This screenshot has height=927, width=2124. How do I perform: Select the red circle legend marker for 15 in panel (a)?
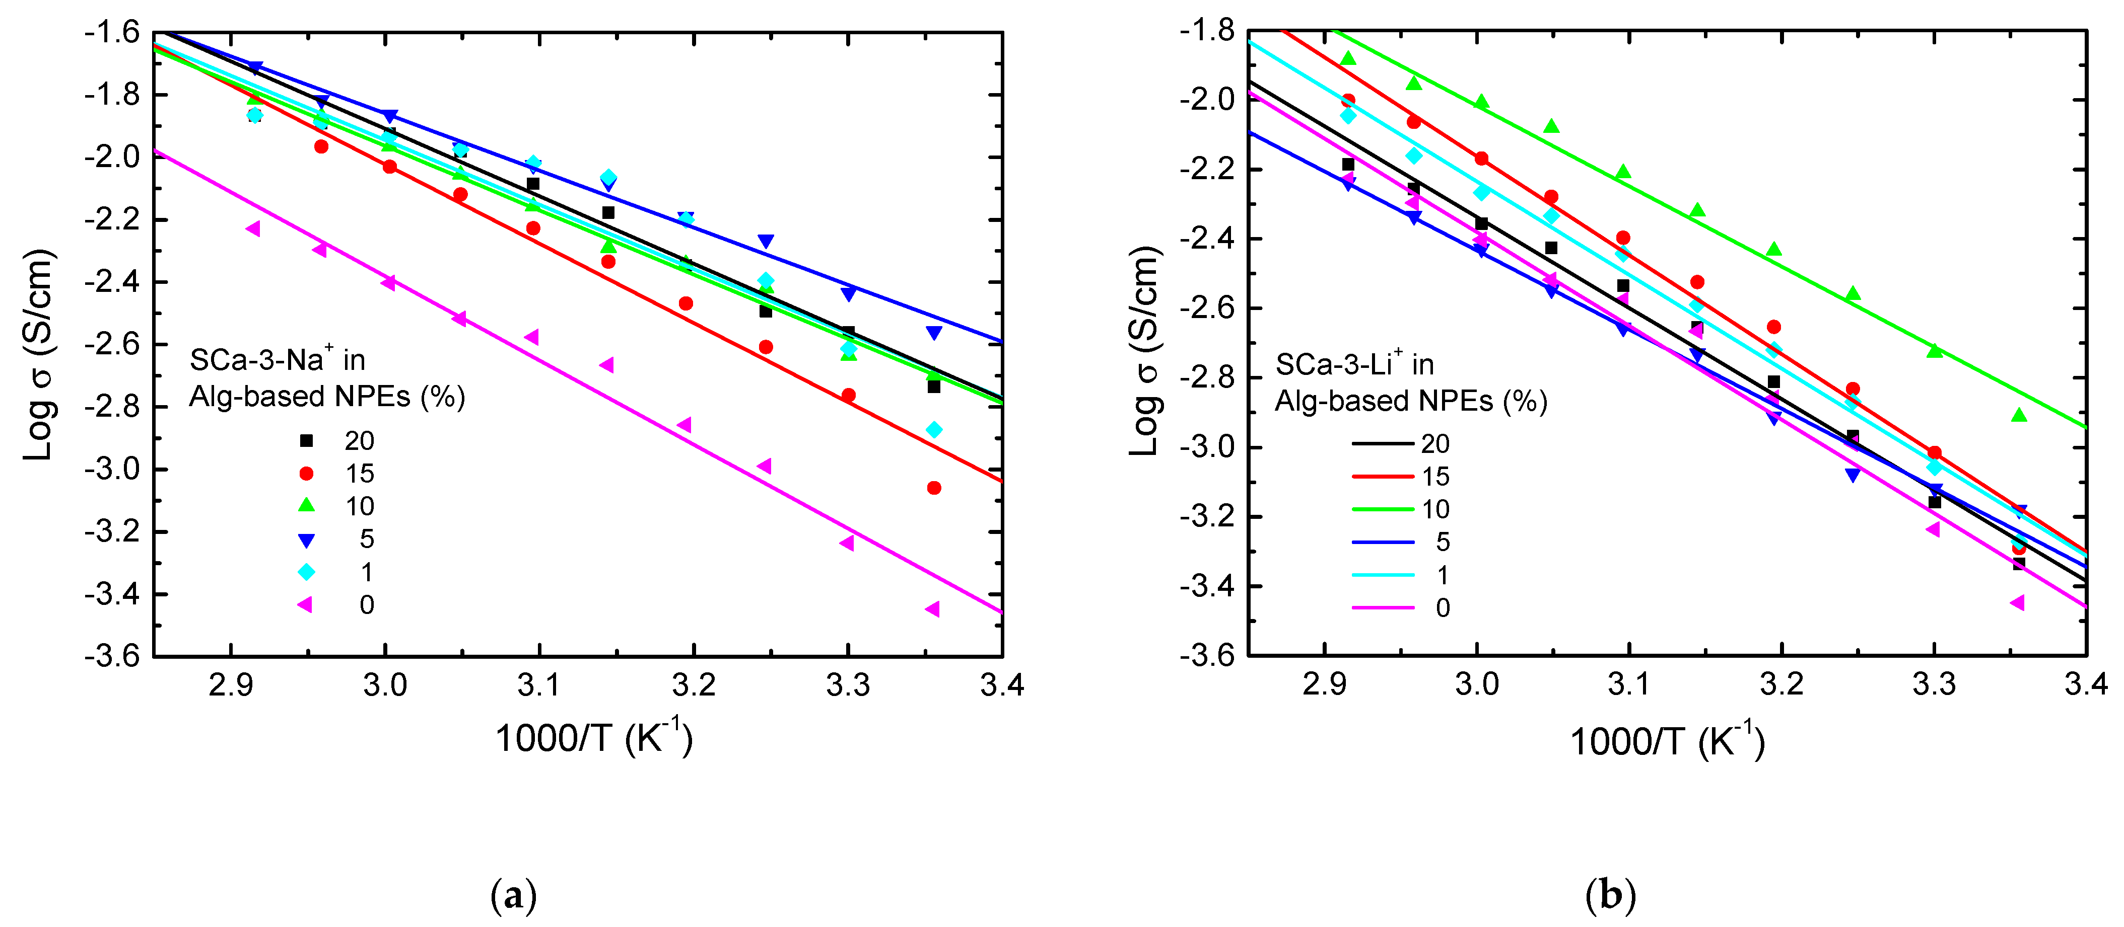click(306, 474)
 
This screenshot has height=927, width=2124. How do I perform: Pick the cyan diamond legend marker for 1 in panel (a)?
click(306, 572)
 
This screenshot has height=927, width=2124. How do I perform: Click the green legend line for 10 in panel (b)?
click(1383, 509)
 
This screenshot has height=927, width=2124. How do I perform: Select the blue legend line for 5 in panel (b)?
click(1383, 542)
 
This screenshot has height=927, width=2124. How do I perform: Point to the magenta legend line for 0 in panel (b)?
click(1383, 607)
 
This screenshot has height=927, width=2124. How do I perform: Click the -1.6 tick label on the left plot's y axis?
click(112, 33)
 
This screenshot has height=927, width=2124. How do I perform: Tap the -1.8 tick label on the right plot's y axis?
click(1207, 31)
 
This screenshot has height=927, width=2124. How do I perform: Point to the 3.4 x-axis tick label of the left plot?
click(1002, 685)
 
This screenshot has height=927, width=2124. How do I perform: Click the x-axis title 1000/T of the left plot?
click(593, 737)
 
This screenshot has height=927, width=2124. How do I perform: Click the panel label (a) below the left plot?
click(514, 895)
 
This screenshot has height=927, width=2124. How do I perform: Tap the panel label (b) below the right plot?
click(1610, 895)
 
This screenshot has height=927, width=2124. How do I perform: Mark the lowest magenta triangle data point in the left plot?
click(932, 609)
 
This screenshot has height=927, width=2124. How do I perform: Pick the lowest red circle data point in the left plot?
click(933, 488)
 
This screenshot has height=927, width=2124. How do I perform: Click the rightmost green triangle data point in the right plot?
click(2018, 415)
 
